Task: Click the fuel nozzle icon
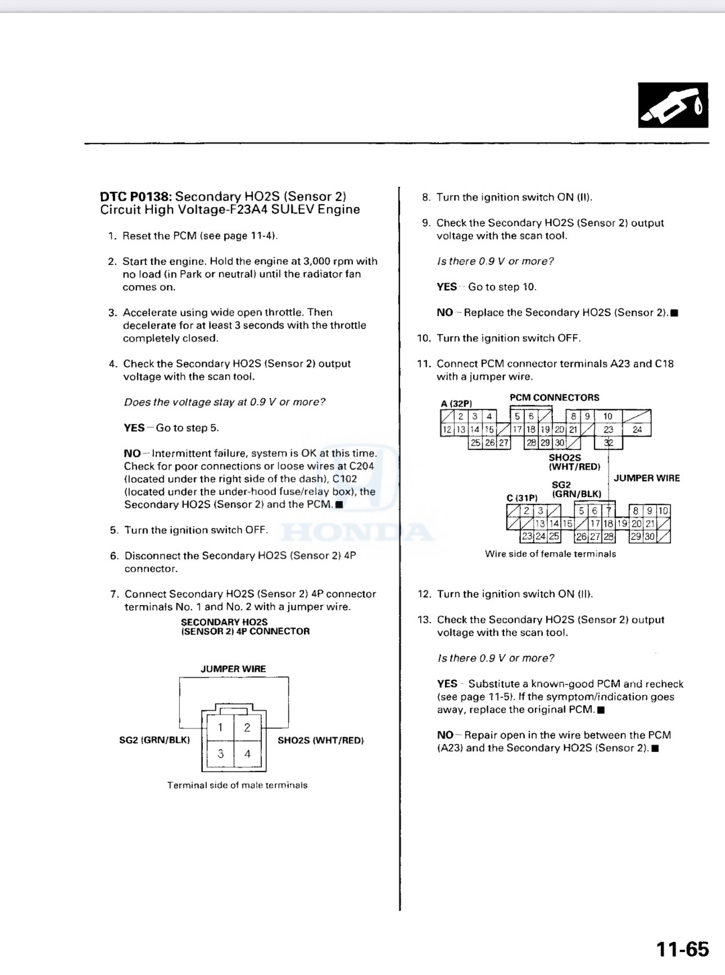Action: coord(673,106)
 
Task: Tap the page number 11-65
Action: coord(682,949)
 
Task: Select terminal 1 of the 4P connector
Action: coord(220,728)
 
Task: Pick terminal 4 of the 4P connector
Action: coord(247,754)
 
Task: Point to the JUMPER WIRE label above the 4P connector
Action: coord(233,669)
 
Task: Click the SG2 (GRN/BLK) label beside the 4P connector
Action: coord(155,741)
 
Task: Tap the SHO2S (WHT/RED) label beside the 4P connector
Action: coord(320,741)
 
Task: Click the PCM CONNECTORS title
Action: coord(554,398)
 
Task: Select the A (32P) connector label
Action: coord(456,404)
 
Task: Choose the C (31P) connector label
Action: coord(522,498)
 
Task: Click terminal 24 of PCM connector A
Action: coord(637,430)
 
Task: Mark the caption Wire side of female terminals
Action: coord(550,554)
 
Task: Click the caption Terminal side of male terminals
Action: coord(237,786)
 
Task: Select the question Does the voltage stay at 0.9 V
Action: coord(224,402)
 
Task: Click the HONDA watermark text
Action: coord(357,531)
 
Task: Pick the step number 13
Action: coord(424,620)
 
